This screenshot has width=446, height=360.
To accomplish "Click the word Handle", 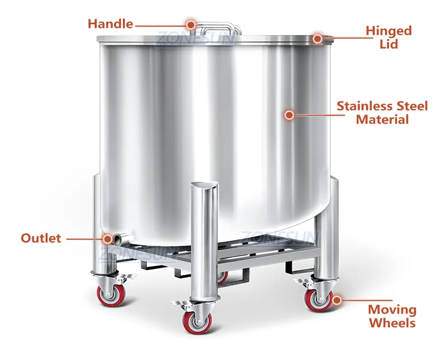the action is [x=110, y=24].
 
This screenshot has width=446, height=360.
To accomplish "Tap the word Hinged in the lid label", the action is [x=389, y=31].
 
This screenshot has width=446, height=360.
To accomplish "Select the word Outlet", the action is [x=41, y=238].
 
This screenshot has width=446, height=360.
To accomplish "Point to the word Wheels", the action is [x=392, y=323].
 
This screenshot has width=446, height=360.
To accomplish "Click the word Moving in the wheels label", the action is [x=392, y=309].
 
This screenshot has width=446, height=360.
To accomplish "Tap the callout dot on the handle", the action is [x=191, y=24].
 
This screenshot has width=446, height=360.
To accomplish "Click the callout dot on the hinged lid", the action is [x=318, y=38].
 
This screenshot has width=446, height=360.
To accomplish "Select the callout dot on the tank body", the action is [x=289, y=115].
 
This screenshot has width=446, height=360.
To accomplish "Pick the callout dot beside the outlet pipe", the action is [x=108, y=239].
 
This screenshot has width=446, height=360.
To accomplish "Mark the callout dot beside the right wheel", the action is [x=337, y=301].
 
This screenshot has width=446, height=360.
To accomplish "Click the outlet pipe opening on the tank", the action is [x=118, y=238].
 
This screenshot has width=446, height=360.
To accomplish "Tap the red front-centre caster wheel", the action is [x=197, y=322].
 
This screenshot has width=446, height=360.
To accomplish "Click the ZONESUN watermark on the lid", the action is [x=196, y=37].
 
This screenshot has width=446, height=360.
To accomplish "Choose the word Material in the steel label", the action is [x=382, y=119].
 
